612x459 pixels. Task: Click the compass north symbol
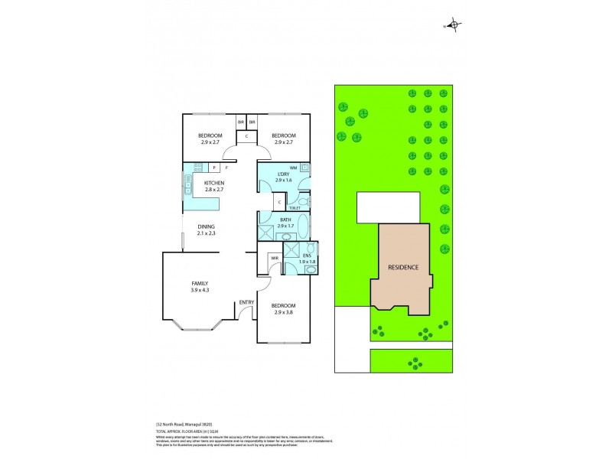tap(454, 26)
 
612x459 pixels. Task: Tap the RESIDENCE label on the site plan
tap(402, 267)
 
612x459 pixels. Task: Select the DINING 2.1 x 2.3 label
tap(206, 230)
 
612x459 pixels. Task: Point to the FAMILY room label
tap(200, 287)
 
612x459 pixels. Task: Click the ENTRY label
tap(246, 302)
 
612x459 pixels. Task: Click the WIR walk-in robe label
tap(273, 259)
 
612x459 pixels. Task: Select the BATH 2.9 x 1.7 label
tap(285, 224)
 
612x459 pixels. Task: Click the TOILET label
tap(295, 207)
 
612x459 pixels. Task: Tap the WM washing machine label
tap(293, 168)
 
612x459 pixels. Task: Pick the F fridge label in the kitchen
tap(227, 167)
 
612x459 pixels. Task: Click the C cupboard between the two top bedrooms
tap(246, 136)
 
